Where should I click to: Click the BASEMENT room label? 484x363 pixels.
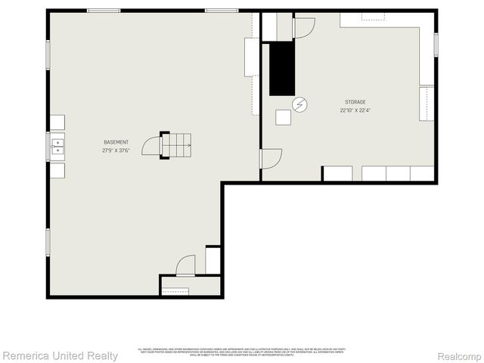point(116,142)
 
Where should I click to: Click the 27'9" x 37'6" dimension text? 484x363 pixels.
point(116,150)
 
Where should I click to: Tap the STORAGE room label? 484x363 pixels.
point(355,102)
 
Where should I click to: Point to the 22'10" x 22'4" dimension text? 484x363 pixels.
point(355,110)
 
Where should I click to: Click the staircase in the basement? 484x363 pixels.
point(176,144)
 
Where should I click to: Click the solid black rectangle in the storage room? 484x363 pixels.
point(282,68)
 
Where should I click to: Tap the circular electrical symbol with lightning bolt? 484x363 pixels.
point(300,104)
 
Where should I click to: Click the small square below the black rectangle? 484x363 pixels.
point(283,117)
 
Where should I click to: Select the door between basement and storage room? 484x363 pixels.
point(271,159)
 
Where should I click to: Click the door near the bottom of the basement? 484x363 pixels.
point(185,265)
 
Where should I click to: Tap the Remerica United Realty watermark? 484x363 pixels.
point(60,355)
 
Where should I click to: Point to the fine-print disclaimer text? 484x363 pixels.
point(241,352)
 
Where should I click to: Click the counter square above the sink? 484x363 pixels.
point(57,123)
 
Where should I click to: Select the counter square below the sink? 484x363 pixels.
point(57,170)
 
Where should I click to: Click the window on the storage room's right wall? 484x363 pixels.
point(436,44)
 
